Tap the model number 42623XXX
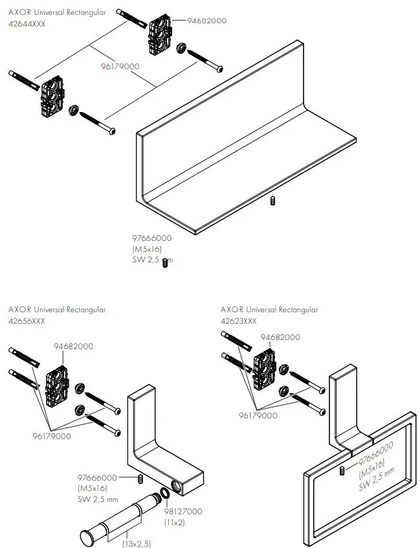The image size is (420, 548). click(239, 320)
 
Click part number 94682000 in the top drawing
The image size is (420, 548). click(207, 21)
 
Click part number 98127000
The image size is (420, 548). click(182, 512)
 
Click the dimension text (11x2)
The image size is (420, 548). click(175, 522)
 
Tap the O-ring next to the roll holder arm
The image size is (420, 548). click(166, 496)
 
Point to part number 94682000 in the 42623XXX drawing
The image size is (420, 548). click(280, 337)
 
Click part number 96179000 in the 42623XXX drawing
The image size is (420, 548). click(258, 416)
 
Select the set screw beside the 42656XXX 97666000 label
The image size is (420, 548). click(138, 479)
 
